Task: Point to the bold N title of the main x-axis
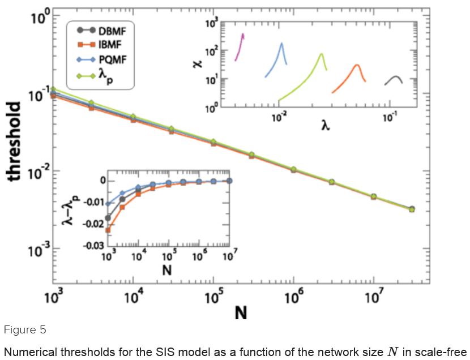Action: [x=241, y=312]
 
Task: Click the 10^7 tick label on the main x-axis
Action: [x=371, y=296]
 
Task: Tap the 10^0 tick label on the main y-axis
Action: [x=40, y=15]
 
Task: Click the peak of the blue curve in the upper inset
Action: [x=281, y=44]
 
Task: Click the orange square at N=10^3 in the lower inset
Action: [x=108, y=230]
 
